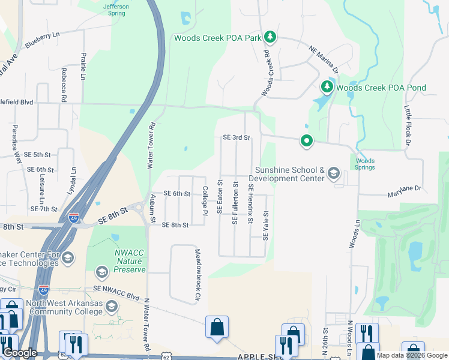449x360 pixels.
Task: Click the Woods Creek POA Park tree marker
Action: point(270,37)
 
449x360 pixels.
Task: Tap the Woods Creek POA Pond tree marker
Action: point(327,88)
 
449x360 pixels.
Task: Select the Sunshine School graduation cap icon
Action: point(334,175)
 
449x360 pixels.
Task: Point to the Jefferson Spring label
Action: point(116,9)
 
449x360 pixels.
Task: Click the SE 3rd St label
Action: point(236,137)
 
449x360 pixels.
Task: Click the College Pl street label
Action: point(205,200)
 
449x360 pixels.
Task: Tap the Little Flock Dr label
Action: point(408,125)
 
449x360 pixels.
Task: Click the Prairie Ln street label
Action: point(83,65)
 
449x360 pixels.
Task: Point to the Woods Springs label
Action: point(365,164)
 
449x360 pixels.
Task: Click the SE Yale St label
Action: point(265,225)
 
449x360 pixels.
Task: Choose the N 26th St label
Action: point(326,339)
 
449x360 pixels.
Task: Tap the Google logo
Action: point(20,353)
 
